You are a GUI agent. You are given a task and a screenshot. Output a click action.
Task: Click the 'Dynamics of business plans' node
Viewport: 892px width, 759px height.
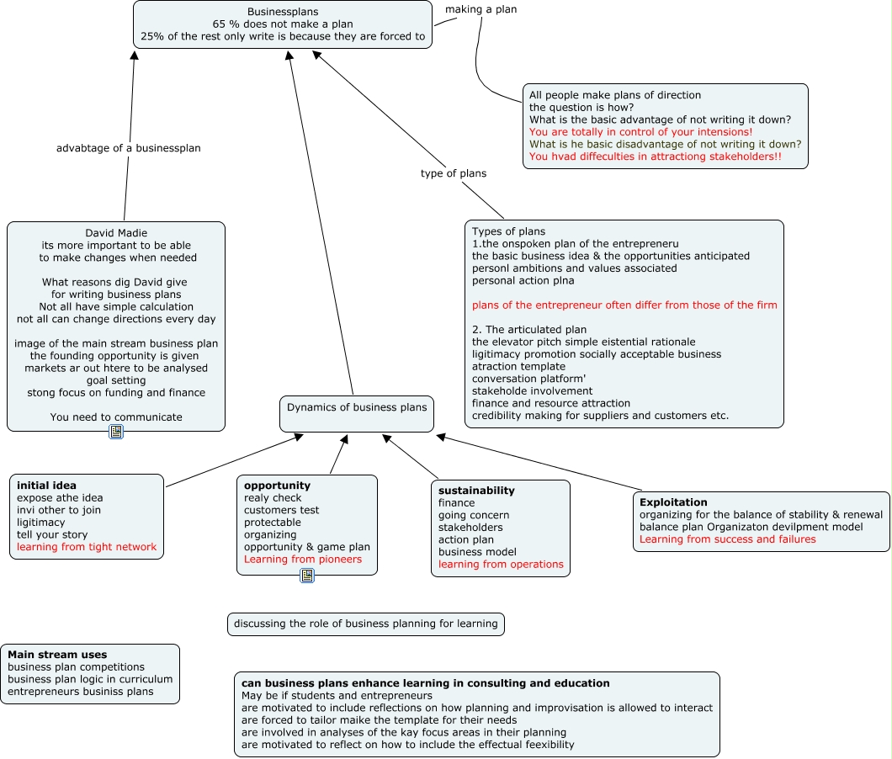coord(357,408)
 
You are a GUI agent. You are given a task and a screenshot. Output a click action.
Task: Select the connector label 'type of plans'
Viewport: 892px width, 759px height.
coord(454,173)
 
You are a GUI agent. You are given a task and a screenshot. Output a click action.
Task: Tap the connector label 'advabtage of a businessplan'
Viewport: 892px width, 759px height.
coord(129,148)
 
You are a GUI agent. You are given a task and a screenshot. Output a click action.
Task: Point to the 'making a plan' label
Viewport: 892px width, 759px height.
coord(481,9)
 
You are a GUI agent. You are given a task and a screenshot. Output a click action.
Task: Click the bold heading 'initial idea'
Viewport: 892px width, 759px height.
coord(46,486)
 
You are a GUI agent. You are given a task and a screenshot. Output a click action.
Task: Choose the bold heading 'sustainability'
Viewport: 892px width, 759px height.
coord(476,491)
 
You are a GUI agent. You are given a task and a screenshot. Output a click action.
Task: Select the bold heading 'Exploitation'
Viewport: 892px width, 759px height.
coord(673,502)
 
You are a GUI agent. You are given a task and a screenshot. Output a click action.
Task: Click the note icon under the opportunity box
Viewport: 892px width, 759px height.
coord(307,576)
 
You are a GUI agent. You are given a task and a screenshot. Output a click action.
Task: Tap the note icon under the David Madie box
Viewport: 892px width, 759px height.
coord(116,432)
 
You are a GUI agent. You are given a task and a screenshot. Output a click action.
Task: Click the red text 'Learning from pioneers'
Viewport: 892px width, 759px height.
coord(303,560)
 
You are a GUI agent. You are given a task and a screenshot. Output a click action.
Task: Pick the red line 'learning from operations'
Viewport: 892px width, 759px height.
coord(501,565)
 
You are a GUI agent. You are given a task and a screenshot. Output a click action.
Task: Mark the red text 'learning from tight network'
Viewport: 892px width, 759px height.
coord(87,547)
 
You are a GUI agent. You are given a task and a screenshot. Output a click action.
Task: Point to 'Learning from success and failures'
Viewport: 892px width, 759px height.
coord(728,539)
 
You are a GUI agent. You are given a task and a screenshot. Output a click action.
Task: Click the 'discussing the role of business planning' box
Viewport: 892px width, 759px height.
coord(365,624)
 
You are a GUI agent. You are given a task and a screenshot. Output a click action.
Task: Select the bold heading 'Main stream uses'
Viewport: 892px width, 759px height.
coord(57,655)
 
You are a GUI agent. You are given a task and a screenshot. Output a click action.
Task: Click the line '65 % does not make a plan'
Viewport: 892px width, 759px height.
coord(283,24)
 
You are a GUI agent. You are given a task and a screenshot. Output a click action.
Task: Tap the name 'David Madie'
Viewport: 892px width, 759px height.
coord(116,233)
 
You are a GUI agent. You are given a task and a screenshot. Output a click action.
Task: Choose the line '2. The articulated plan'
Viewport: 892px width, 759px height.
coord(529,330)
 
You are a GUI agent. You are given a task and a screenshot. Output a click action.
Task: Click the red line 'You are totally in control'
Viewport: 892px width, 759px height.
coord(640,132)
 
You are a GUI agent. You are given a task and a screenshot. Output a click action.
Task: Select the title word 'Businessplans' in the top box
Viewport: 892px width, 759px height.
coord(283,12)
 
